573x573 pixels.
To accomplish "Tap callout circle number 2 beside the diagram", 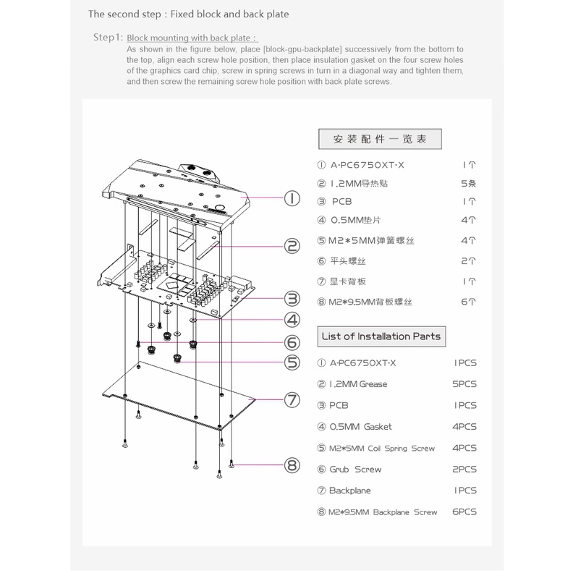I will click(x=292, y=247).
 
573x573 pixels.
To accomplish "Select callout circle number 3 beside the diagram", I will click(x=292, y=297).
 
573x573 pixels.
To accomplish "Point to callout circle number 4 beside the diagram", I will click(x=292, y=319).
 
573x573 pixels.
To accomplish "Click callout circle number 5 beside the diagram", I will click(x=292, y=362).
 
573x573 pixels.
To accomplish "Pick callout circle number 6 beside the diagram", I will click(x=292, y=341).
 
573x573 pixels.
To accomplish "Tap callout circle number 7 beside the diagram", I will click(x=292, y=399).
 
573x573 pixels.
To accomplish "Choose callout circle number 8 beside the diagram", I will click(x=292, y=465).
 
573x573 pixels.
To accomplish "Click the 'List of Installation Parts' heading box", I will click(x=381, y=336).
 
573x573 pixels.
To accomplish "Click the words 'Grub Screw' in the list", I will click(x=355, y=470).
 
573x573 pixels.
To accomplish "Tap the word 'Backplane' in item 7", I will click(x=350, y=491).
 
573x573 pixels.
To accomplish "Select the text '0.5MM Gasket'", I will click(x=360, y=427).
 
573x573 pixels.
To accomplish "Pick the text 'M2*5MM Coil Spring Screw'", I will click(x=382, y=449).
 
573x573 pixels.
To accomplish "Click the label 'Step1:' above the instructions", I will click(x=108, y=37).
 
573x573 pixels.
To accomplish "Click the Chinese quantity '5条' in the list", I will click(x=469, y=184).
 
